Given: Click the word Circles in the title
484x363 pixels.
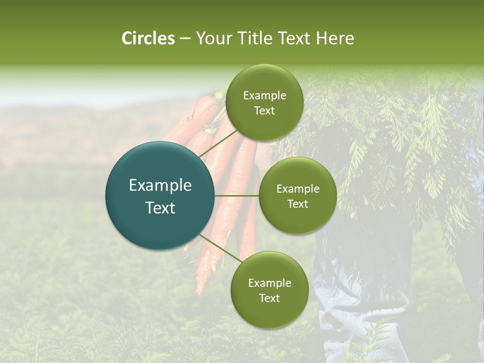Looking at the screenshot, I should click(148, 38).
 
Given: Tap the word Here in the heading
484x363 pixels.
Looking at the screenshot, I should click(335, 38).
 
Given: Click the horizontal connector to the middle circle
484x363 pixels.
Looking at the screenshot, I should click(237, 196).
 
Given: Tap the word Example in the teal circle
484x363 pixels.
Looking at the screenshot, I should click(160, 186).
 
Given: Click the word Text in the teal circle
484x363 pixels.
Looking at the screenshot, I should click(160, 208).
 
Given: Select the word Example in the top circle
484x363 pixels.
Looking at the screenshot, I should click(264, 96).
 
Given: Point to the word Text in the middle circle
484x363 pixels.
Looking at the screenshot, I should click(297, 204).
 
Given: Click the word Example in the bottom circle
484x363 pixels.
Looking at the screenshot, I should click(269, 283).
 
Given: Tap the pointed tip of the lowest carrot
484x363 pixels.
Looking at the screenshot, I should click(199, 292).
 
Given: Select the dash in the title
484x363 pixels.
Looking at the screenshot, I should click(185, 38).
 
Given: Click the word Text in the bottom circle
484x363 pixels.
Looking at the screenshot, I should click(269, 298).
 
